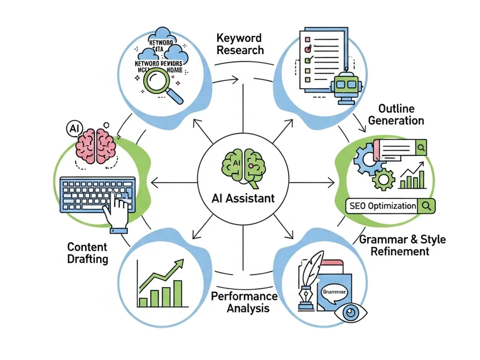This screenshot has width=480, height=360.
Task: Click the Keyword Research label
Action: tap(240, 44)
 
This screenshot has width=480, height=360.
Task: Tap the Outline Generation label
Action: tap(396, 115)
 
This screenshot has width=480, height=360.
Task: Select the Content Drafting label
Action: tap(88, 252)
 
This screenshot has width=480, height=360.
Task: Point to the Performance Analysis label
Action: tap(244, 302)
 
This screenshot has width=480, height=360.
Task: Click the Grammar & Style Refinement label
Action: tap(402, 245)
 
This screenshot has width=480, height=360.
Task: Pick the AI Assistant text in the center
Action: tap(243, 198)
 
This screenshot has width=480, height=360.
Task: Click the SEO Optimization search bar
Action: tap(390, 206)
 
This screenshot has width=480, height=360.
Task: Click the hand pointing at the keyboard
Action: tap(118, 209)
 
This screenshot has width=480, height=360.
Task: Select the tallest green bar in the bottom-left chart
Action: tap(178, 293)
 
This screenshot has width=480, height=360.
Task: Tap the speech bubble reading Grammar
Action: tap(335, 292)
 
